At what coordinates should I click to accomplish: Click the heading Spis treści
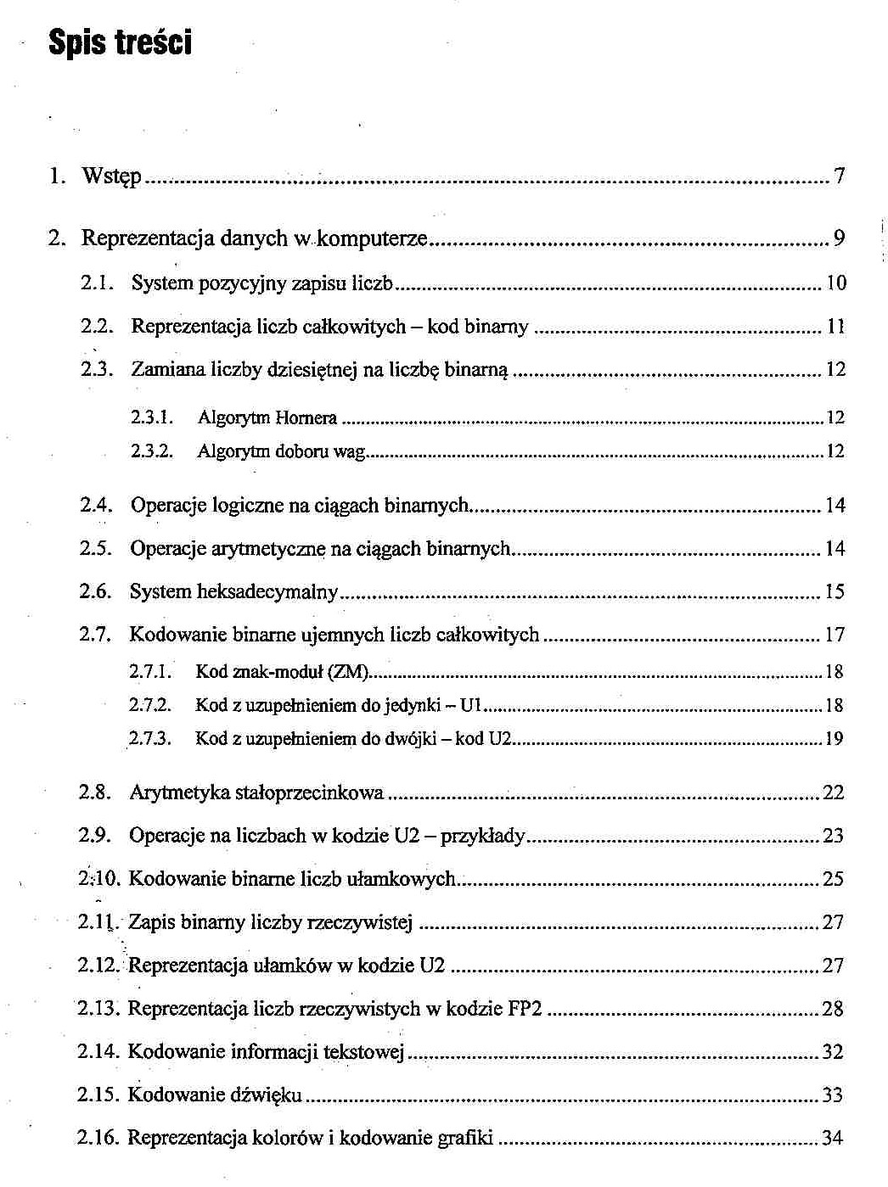(x=121, y=42)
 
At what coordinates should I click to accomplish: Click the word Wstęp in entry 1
(x=111, y=176)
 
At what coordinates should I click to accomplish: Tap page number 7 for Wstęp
(x=839, y=176)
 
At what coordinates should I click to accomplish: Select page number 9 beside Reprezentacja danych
(x=839, y=238)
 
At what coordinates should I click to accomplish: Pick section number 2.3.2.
(x=153, y=451)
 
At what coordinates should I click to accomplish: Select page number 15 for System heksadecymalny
(x=835, y=591)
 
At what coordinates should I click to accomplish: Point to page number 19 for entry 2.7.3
(x=834, y=739)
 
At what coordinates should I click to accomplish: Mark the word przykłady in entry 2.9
(x=483, y=836)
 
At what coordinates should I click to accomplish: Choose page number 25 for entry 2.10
(x=833, y=879)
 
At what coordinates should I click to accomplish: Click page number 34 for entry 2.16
(x=832, y=1138)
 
